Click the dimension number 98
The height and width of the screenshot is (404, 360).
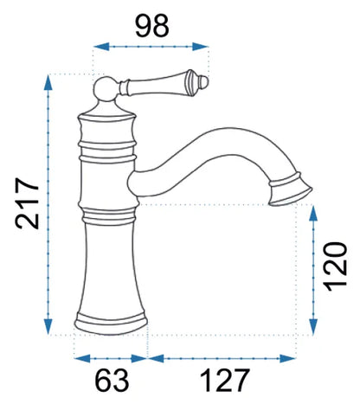(152, 26)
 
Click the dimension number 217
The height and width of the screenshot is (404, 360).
(27, 204)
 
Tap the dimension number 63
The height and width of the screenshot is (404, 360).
(112, 380)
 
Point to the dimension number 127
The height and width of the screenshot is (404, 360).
(224, 380)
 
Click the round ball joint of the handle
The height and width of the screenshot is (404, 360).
(106, 89)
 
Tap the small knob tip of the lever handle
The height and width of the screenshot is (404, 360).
(203, 81)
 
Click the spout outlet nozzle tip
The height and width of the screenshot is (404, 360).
(290, 190)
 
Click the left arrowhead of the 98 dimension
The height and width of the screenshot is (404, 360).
(101, 47)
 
